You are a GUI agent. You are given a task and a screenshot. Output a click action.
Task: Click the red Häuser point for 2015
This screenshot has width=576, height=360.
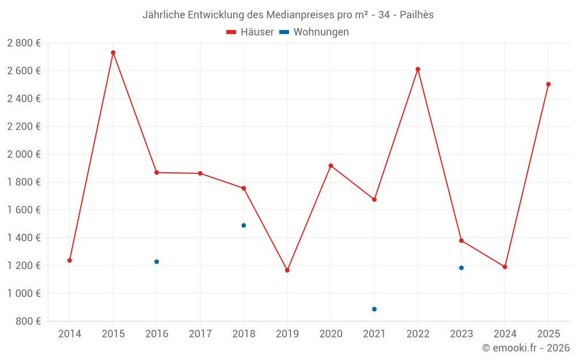click(113, 52)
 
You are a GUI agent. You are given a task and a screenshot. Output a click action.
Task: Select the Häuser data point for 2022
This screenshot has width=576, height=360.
click(418, 69)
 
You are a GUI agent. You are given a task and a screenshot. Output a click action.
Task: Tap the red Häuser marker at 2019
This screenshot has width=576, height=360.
click(287, 270)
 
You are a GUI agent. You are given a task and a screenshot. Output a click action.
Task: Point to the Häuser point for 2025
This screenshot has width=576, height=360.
click(548, 84)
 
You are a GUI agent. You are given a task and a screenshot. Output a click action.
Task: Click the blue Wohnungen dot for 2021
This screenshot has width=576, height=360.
click(374, 309)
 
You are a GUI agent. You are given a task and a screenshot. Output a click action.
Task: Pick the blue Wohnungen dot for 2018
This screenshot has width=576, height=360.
click(244, 225)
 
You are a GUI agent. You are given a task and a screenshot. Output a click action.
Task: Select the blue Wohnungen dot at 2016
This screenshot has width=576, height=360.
click(157, 262)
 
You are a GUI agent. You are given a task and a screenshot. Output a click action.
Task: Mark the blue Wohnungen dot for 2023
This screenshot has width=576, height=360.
click(461, 268)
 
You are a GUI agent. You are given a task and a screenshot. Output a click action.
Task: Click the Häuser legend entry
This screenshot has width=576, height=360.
click(250, 32)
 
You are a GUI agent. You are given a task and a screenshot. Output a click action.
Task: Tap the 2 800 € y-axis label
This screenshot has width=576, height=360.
click(24, 43)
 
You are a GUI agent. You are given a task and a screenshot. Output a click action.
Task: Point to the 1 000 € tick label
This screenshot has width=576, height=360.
click(24, 293)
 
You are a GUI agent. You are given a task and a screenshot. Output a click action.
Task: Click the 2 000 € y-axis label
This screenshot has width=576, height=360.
click(24, 154)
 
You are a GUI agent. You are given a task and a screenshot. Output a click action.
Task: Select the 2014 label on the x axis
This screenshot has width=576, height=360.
click(70, 334)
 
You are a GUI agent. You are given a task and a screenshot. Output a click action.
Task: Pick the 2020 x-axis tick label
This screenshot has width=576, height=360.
click(331, 334)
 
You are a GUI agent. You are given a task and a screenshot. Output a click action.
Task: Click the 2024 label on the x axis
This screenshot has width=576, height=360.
click(505, 334)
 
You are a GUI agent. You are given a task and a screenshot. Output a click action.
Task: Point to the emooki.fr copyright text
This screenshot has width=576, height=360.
click(525, 348)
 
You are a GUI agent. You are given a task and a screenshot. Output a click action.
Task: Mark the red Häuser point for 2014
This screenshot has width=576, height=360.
click(70, 260)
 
